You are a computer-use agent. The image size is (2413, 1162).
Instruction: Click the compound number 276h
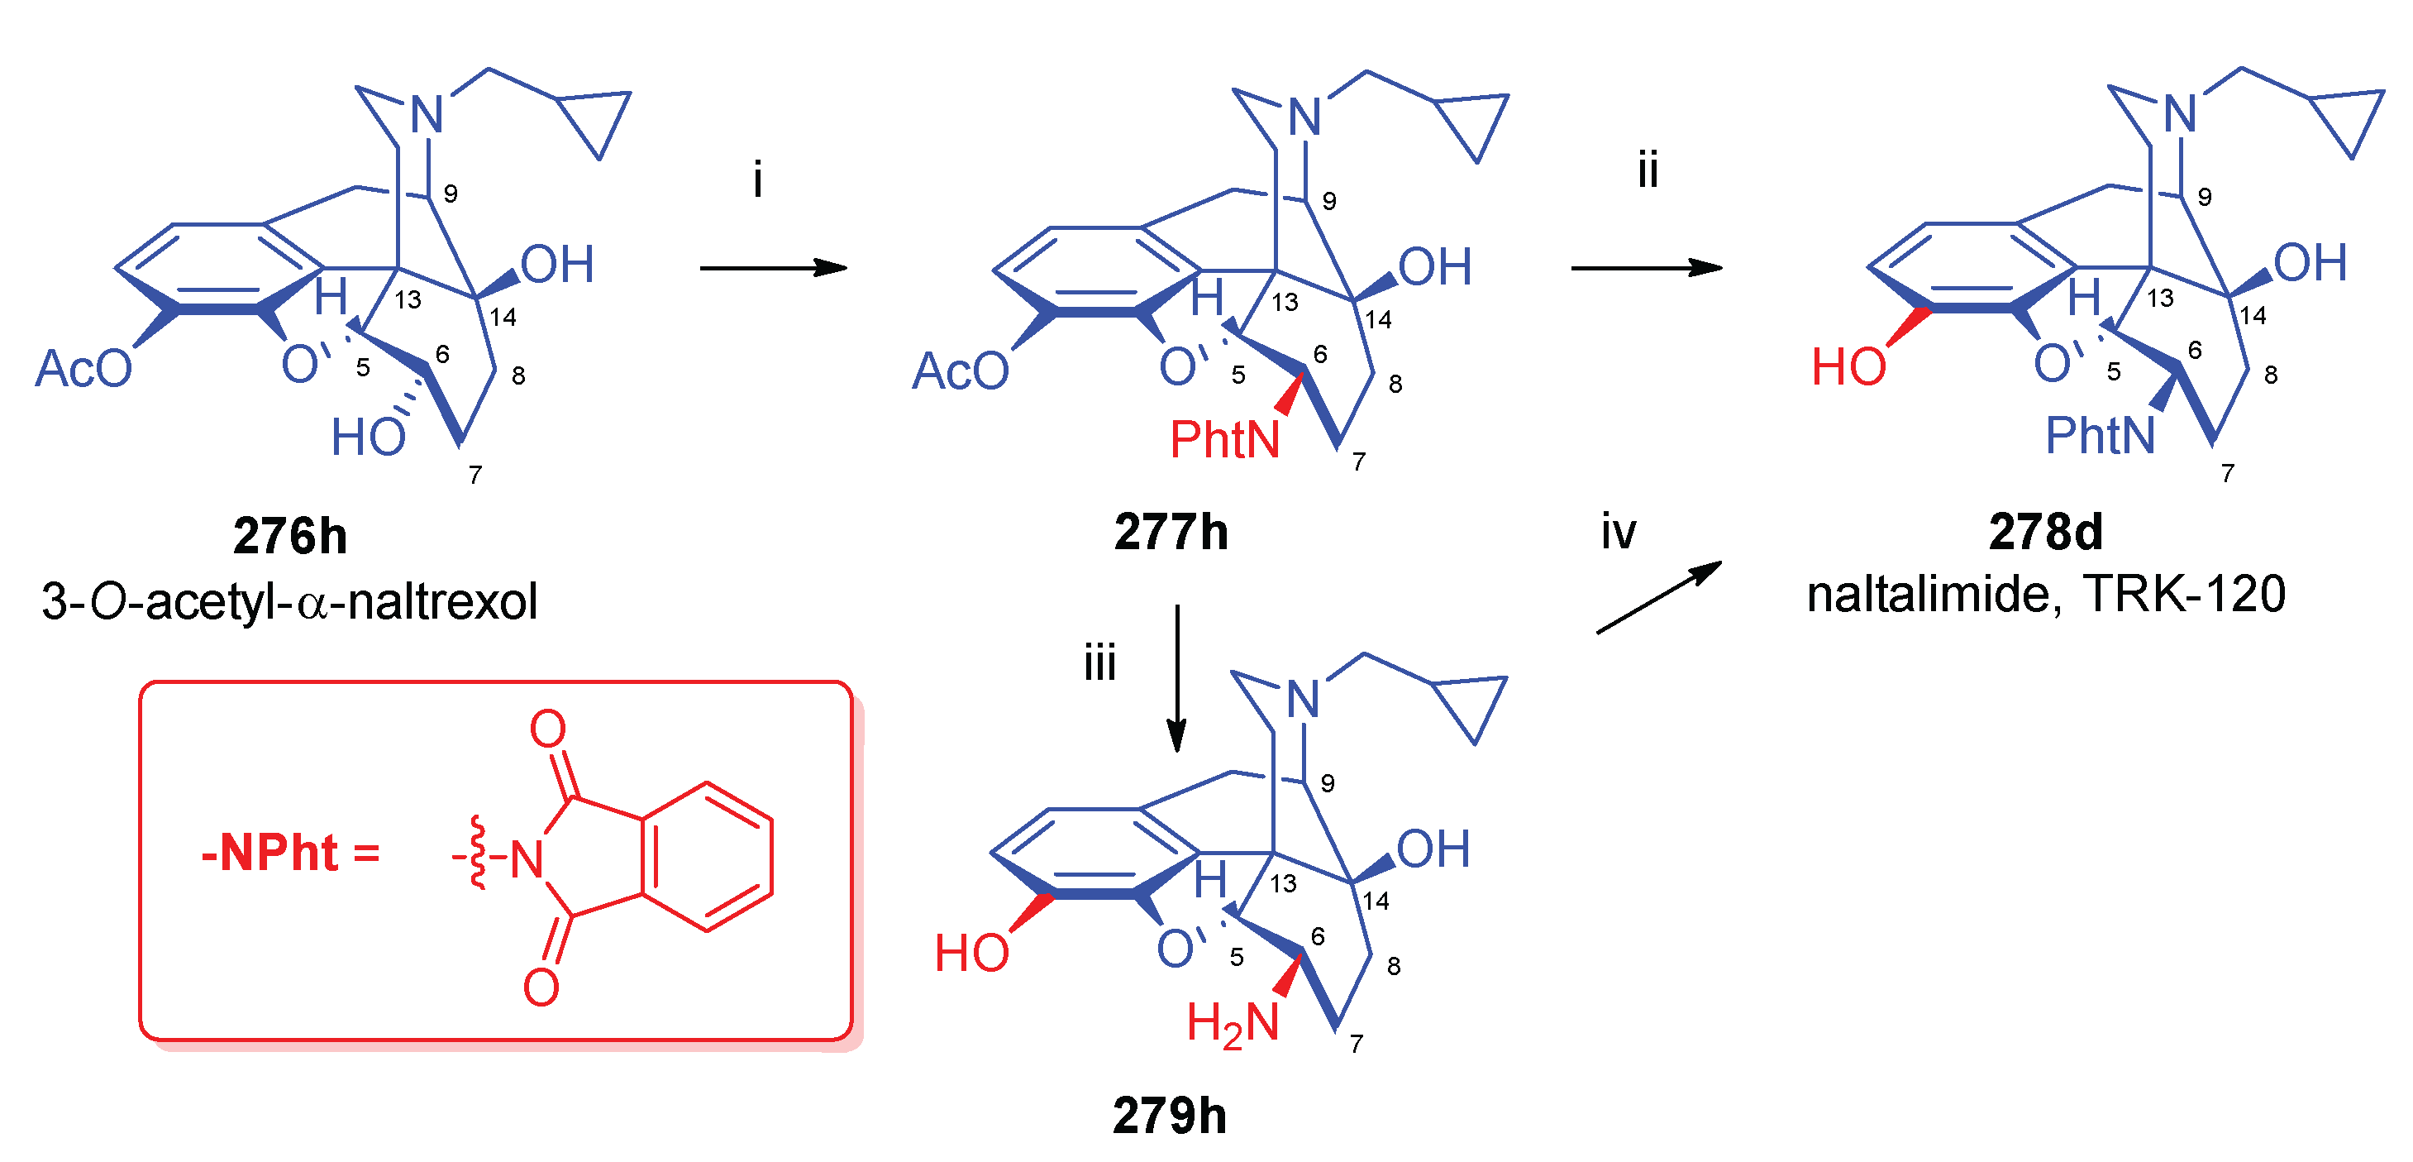(289, 536)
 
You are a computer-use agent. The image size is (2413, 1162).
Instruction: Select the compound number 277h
(1170, 533)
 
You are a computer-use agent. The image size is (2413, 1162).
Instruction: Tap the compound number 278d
(2045, 533)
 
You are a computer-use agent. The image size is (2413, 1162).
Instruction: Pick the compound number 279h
(1169, 1115)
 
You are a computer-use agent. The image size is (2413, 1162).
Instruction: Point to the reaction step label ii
(1648, 170)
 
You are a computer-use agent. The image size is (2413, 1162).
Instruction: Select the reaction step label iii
(1099, 663)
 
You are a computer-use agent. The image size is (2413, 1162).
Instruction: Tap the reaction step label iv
(1618, 533)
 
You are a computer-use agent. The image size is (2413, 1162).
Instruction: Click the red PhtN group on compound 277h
(1224, 438)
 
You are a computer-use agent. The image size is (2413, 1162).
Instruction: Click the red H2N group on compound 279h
(1232, 1022)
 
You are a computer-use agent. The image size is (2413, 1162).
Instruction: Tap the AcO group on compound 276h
(83, 368)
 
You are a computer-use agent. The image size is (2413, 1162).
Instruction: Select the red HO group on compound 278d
(1848, 366)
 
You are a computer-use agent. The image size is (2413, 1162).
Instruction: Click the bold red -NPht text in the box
(269, 853)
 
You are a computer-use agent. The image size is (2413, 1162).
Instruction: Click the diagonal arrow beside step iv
(1658, 597)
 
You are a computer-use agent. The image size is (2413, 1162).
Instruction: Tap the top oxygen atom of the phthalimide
(548, 728)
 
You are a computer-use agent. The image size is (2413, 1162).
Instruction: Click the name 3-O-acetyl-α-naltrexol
(289, 600)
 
